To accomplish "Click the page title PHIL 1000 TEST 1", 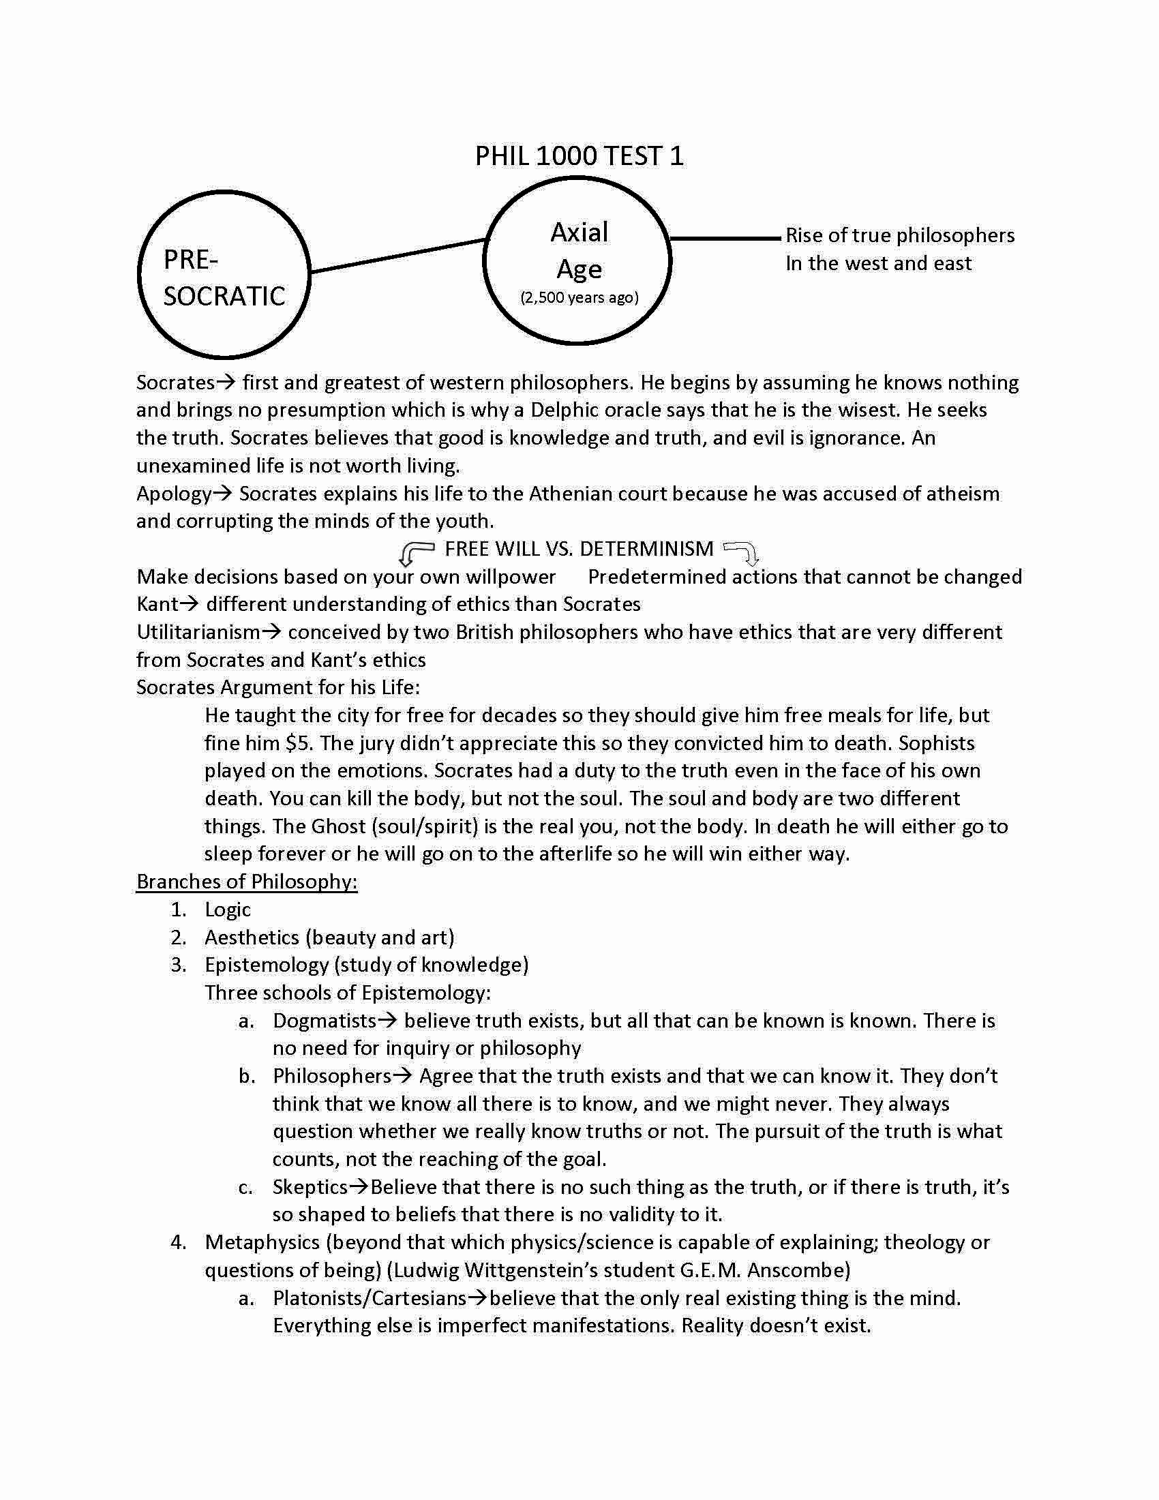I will click(579, 156).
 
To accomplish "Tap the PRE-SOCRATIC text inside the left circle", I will click(224, 278).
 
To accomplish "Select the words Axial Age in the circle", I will click(579, 251).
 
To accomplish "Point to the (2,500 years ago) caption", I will click(579, 297).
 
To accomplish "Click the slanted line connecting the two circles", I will click(398, 256).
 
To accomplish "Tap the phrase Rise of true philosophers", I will click(899, 236).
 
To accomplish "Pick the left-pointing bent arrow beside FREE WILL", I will click(415, 551).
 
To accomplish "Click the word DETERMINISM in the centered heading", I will click(646, 549).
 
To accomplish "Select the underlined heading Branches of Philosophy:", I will click(247, 881).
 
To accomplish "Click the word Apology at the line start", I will click(174, 494).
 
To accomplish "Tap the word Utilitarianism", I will click(198, 632).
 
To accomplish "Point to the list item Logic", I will click(227, 910).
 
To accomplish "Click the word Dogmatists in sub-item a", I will click(324, 1021).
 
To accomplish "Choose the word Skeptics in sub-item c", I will click(310, 1187).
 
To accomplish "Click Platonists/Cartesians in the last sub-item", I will click(370, 1298).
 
